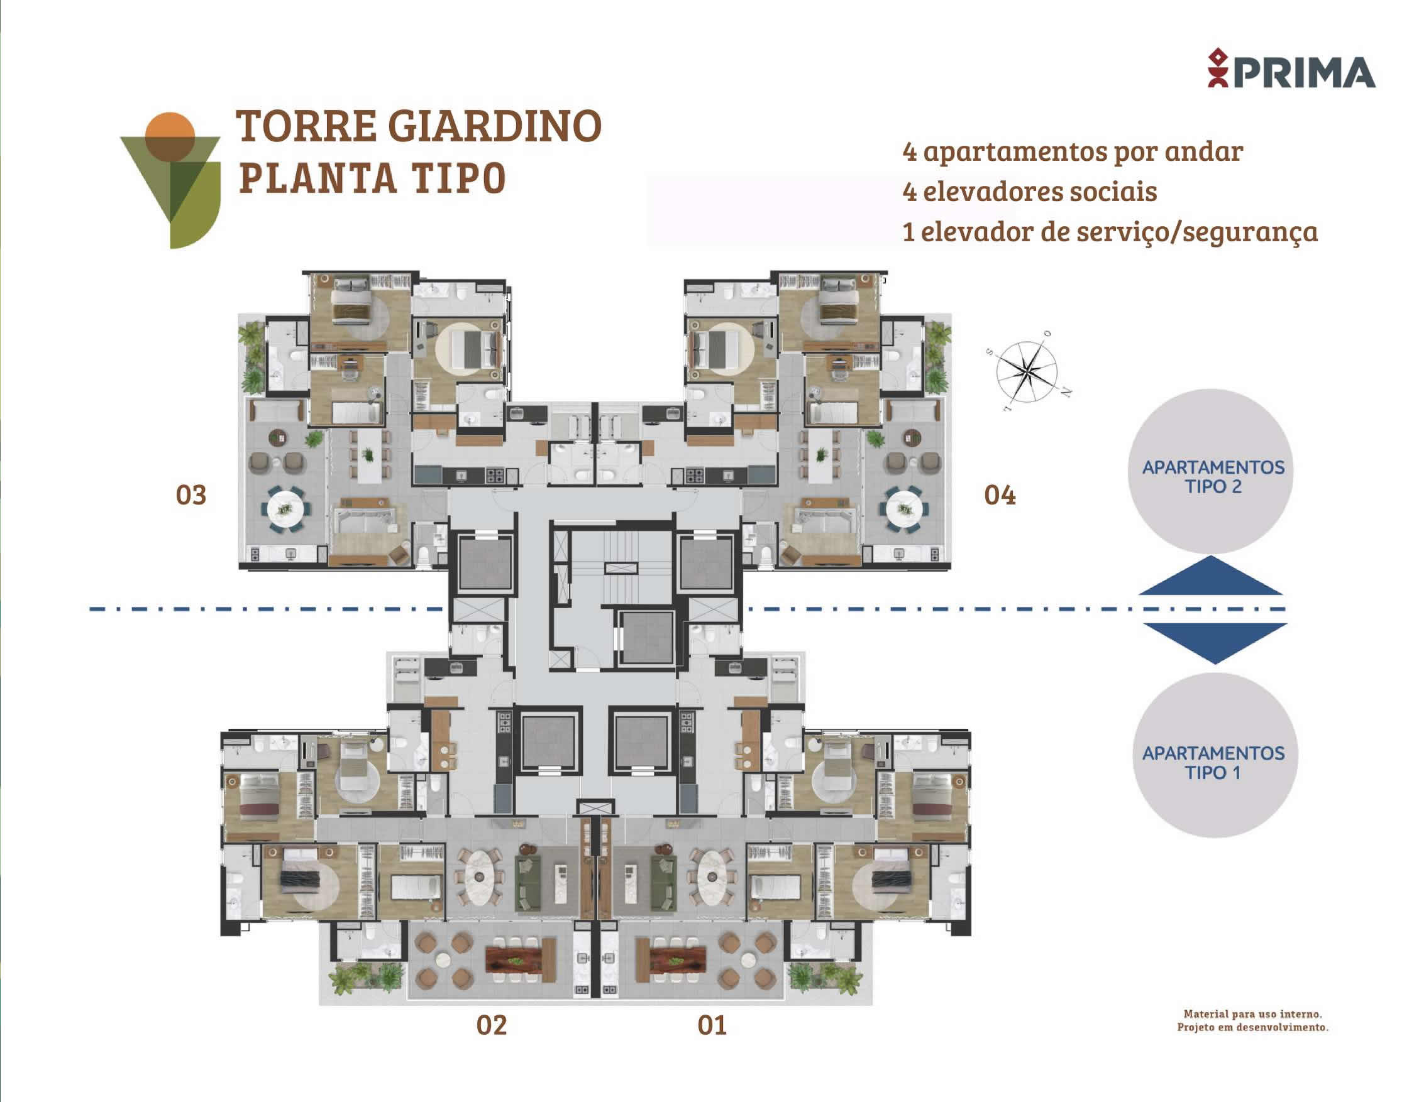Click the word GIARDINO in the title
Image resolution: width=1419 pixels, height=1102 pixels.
[495, 126]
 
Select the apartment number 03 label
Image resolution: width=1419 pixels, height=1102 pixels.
[191, 496]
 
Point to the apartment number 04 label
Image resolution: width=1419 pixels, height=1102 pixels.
[1000, 496]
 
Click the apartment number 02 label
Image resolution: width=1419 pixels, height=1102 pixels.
[491, 1025]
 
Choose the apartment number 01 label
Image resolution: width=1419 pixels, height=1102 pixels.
[712, 1025]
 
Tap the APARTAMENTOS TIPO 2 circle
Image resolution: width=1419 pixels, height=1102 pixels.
[1210, 471]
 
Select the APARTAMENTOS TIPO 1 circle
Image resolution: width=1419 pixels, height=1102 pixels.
[1215, 755]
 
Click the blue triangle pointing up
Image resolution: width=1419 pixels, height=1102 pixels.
[1210, 577]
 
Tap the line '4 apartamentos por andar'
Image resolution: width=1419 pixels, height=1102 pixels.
[1073, 152]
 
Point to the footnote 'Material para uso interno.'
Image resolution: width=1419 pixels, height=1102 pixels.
[1252, 1013]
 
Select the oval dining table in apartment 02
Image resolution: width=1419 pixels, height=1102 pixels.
[480, 877]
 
